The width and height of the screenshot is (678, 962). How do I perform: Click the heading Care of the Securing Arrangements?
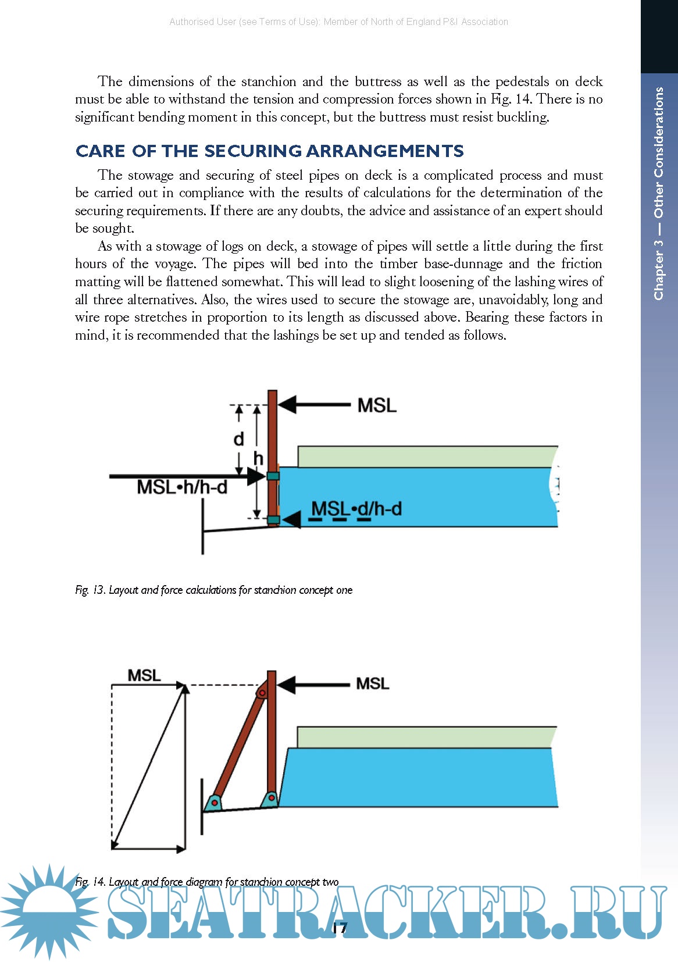(x=269, y=151)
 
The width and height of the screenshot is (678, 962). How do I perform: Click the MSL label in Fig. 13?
(x=376, y=405)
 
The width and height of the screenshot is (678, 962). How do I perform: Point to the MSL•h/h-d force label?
(x=181, y=487)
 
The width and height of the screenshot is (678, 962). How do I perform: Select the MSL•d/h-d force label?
(x=356, y=509)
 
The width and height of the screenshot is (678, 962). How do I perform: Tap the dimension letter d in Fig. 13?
(x=238, y=439)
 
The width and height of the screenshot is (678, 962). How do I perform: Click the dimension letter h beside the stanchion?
(x=258, y=459)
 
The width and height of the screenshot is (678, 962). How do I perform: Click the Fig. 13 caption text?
(x=213, y=590)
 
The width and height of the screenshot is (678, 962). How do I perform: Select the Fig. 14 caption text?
(x=206, y=882)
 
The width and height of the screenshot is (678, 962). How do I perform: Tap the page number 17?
(x=340, y=928)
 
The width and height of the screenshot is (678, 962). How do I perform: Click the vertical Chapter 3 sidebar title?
(x=659, y=193)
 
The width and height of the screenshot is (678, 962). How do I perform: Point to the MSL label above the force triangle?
(x=144, y=676)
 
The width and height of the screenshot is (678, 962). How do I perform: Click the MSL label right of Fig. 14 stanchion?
(x=372, y=683)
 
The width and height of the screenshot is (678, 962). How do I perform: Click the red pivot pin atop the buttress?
(x=262, y=693)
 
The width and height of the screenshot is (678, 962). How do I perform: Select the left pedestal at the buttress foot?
(x=214, y=803)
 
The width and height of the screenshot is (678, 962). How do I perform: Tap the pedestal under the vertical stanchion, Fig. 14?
(x=270, y=798)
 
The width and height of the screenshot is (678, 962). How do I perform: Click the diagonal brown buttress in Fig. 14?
(x=237, y=747)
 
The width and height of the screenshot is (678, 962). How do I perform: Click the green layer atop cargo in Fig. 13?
(x=427, y=457)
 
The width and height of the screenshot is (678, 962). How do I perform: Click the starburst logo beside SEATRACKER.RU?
(x=49, y=910)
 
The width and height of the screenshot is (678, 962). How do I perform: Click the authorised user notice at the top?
(x=338, y=22)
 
